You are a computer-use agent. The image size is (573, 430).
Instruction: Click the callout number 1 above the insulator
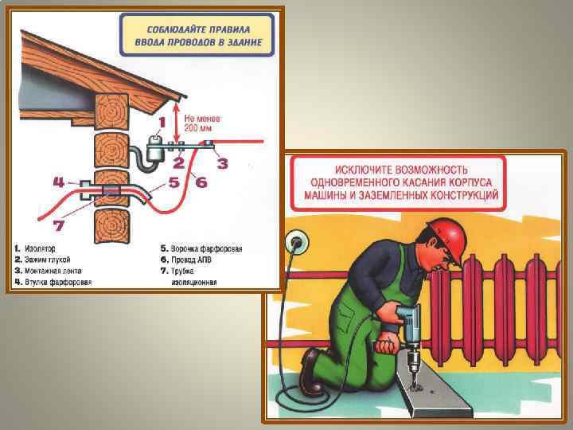(x=162, y=123)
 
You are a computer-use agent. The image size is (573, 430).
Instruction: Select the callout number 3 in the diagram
(x=222, y=163)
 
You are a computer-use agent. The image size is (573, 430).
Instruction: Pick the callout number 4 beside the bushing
(x=59, y=182)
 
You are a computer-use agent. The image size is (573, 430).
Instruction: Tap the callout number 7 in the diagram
(x=59, y=225)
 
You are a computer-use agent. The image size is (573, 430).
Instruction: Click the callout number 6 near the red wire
(x=201, y=182)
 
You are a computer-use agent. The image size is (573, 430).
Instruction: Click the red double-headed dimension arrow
(x=177, y=123)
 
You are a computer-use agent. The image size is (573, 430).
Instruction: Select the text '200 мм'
(x=198, y=128)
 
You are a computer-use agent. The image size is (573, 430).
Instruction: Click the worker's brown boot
(x=309, y=370)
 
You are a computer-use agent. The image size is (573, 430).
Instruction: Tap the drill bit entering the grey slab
(x=415, y=377)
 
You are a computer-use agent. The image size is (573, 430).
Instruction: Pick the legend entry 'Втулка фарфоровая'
(x=53, y=282)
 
